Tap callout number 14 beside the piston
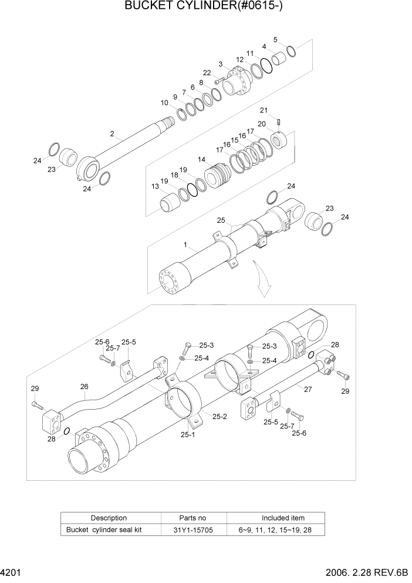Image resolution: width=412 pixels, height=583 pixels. coord(201,159)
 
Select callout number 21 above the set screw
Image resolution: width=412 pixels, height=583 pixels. coord(264,110)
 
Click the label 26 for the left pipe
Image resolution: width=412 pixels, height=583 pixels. coord(84,386)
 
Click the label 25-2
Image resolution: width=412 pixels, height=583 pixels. coord(219,417)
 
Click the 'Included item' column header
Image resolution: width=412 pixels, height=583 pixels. coord(283,518)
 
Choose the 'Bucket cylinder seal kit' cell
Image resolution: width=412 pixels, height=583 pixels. coord(104,530)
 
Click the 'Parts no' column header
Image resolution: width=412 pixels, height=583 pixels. coord(193,518)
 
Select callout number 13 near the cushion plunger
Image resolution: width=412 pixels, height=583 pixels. coord(156,186)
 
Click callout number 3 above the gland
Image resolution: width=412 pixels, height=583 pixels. coord(220,63)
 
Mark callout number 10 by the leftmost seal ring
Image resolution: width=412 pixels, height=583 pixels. coord(164,103)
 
